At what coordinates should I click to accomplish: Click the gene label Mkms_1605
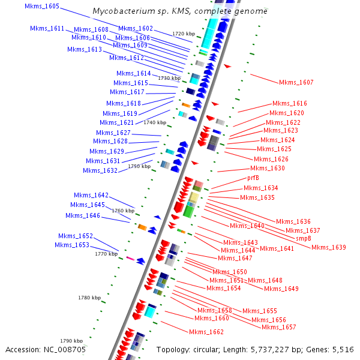(42, 6)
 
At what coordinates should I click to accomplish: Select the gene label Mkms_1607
(296, 82)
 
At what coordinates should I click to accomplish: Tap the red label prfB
(253, 178)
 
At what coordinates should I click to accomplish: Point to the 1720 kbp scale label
(184, 34)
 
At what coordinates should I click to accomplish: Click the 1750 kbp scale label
(139, 166)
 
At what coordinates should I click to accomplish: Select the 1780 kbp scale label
(89, 298)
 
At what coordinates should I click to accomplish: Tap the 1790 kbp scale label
(71, 341)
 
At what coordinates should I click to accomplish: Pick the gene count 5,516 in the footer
(341, 349)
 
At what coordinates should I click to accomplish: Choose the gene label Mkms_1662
(206, 332)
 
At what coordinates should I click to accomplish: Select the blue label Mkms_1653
(72, 245)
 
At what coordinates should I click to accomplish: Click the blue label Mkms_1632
(100, 170)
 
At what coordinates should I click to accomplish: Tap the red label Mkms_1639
(329, 247)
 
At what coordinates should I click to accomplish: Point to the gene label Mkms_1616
(290, 103)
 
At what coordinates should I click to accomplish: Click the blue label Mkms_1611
(47, 29)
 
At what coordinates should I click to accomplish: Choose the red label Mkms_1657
(279, 327)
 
